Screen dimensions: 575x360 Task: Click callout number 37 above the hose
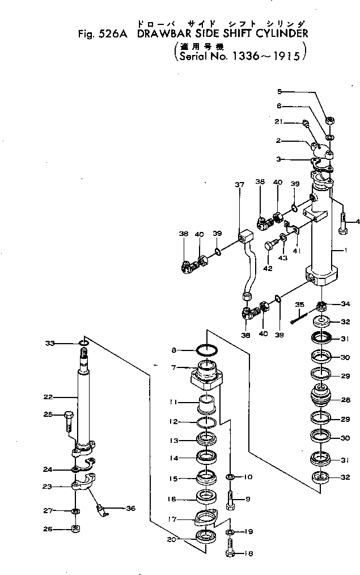coord(239,185)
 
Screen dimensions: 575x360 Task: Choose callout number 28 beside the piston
coord(346,400)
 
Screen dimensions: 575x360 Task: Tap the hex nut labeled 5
coord(329,120)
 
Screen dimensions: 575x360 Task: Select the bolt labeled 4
coord(344,223)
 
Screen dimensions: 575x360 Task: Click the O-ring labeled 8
coord(207,350)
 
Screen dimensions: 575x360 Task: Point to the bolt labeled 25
coord(69,421)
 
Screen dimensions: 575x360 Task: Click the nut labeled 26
coord(75,530)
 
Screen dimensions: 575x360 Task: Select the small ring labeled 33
coord(83,343)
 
